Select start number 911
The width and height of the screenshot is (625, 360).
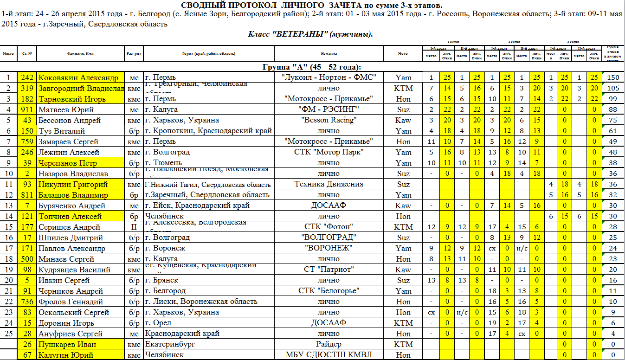[27, 109]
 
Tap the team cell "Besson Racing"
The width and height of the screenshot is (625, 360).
[329, 120]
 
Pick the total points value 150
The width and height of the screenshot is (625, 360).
[613, 77]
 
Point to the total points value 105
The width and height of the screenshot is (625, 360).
[613, 88]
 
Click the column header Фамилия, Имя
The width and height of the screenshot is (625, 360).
[80, 53]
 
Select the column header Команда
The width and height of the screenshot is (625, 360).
[329, 53]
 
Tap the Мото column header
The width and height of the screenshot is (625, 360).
[403, 53]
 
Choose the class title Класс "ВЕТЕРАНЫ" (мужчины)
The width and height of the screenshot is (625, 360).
[311, 34]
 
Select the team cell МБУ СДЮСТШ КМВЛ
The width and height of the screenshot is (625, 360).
[329, 355]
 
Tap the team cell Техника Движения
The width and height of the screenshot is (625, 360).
[329, 184]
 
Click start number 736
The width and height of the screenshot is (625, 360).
[27, 302]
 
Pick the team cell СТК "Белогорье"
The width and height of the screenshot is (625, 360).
[329, 291]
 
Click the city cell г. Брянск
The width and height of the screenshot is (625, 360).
[161, 280]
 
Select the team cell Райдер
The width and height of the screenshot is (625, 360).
[329, 344]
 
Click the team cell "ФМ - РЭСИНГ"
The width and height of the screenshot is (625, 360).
[329, 109]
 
